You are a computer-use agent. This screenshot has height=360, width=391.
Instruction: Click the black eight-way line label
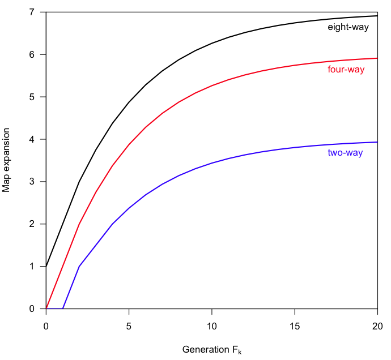(348, 27)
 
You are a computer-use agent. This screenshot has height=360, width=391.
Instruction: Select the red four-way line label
(346, 70)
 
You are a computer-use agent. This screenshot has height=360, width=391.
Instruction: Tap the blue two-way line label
(345, 153)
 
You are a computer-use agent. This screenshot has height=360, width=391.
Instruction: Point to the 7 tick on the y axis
(32, 12)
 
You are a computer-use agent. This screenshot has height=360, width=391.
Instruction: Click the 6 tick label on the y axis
(32, 55)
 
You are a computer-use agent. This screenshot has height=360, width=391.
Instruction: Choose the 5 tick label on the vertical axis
(32, 97)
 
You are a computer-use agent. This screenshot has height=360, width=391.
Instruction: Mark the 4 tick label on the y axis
(32, 139)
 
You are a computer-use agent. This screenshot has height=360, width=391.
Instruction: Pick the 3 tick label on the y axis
(32, 182)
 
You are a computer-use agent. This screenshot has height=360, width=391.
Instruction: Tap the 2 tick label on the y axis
(32, 224)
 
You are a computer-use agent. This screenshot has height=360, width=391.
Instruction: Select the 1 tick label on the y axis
(32, 267)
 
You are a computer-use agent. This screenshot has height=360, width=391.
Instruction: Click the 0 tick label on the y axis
(32, 308)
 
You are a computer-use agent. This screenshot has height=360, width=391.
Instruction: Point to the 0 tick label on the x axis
(46, 327)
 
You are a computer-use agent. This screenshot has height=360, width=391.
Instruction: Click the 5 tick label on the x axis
(129, 327)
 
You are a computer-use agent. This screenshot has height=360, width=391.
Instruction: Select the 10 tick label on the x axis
(212, 327)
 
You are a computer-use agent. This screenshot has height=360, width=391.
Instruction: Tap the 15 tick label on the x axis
(295, 327)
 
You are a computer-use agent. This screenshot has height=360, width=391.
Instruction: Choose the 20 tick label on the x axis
(377, 327)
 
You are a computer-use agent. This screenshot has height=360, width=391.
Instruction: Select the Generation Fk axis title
(211, 350)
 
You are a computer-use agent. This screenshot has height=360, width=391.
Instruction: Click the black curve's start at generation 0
(46, 267)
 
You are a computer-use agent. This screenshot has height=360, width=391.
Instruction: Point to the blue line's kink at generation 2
(79, 267)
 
